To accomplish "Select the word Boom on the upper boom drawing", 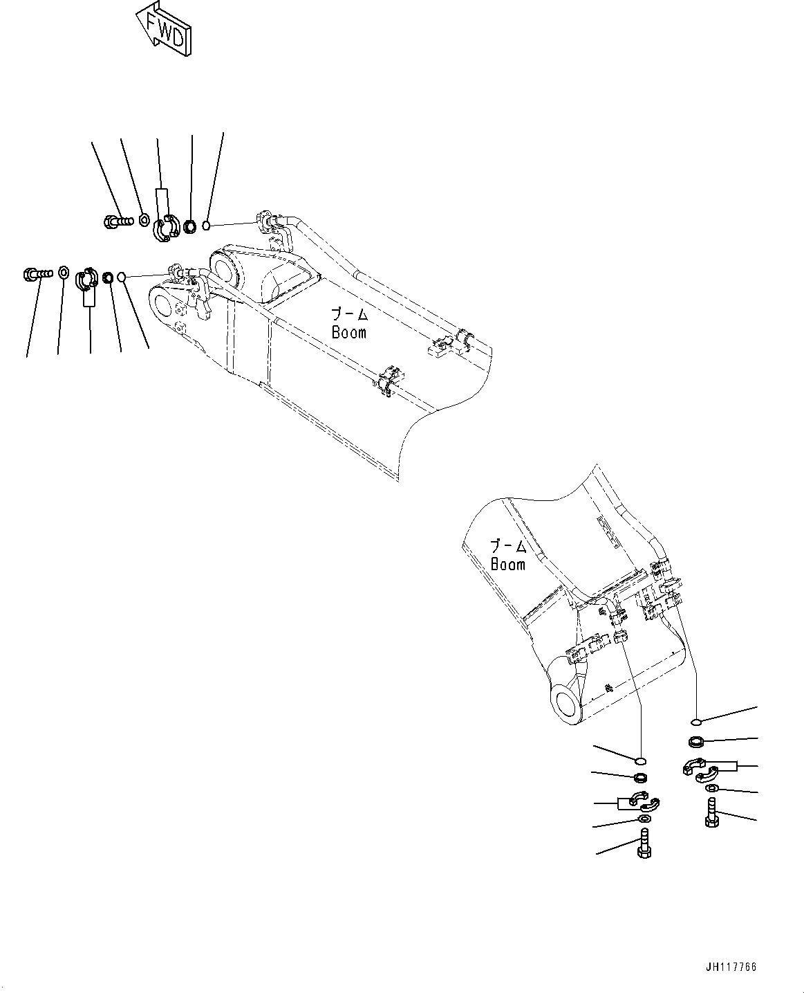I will (348, 332).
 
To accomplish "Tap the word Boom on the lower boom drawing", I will (507, 564).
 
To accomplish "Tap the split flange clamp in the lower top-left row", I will (86, 278).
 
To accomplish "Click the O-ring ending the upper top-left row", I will (206, 226).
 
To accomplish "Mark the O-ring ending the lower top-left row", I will (122, 277).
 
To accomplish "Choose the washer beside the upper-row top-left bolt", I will (142, 220).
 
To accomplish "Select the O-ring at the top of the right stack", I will (697, 723).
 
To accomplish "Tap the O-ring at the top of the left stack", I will (641, 760).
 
